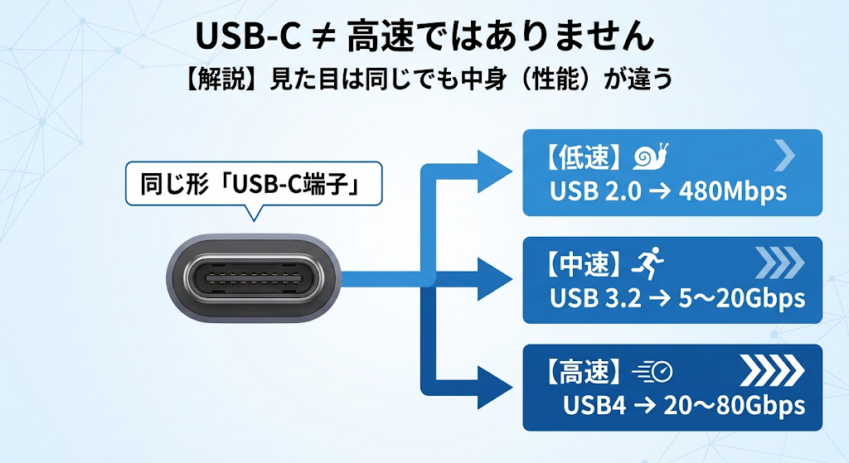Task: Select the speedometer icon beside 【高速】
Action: click(x=653, y=372)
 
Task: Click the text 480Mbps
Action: click(x=733, y=191)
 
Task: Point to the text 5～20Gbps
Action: click(x=742, y=298)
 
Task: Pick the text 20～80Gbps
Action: click(x=735, y=405)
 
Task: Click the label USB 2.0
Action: click(x=595, y=191)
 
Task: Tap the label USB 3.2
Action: click(x=595, y=298)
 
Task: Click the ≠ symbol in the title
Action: click(x=323, y=37)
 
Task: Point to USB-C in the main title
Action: click(x=247, y=37)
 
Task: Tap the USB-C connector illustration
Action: click(x=254, y=278)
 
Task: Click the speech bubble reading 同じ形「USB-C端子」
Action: click(x=254, y=185)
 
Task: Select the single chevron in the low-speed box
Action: click(x=784, y=155)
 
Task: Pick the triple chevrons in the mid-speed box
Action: click(x=779, y=263)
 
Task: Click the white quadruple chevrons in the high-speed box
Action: click(x=772, y=370)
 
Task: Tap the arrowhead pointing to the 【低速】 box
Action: click(x=494, y=171)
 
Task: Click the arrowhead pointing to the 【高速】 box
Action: click(x=494, y=388)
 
